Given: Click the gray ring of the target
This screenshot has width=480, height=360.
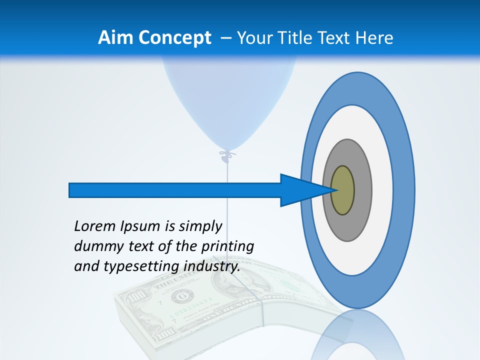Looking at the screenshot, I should coord(362,190).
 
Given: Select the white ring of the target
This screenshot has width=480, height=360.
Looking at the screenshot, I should coord(382,190).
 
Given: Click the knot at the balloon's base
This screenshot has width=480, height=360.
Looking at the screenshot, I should coord(227,155).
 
